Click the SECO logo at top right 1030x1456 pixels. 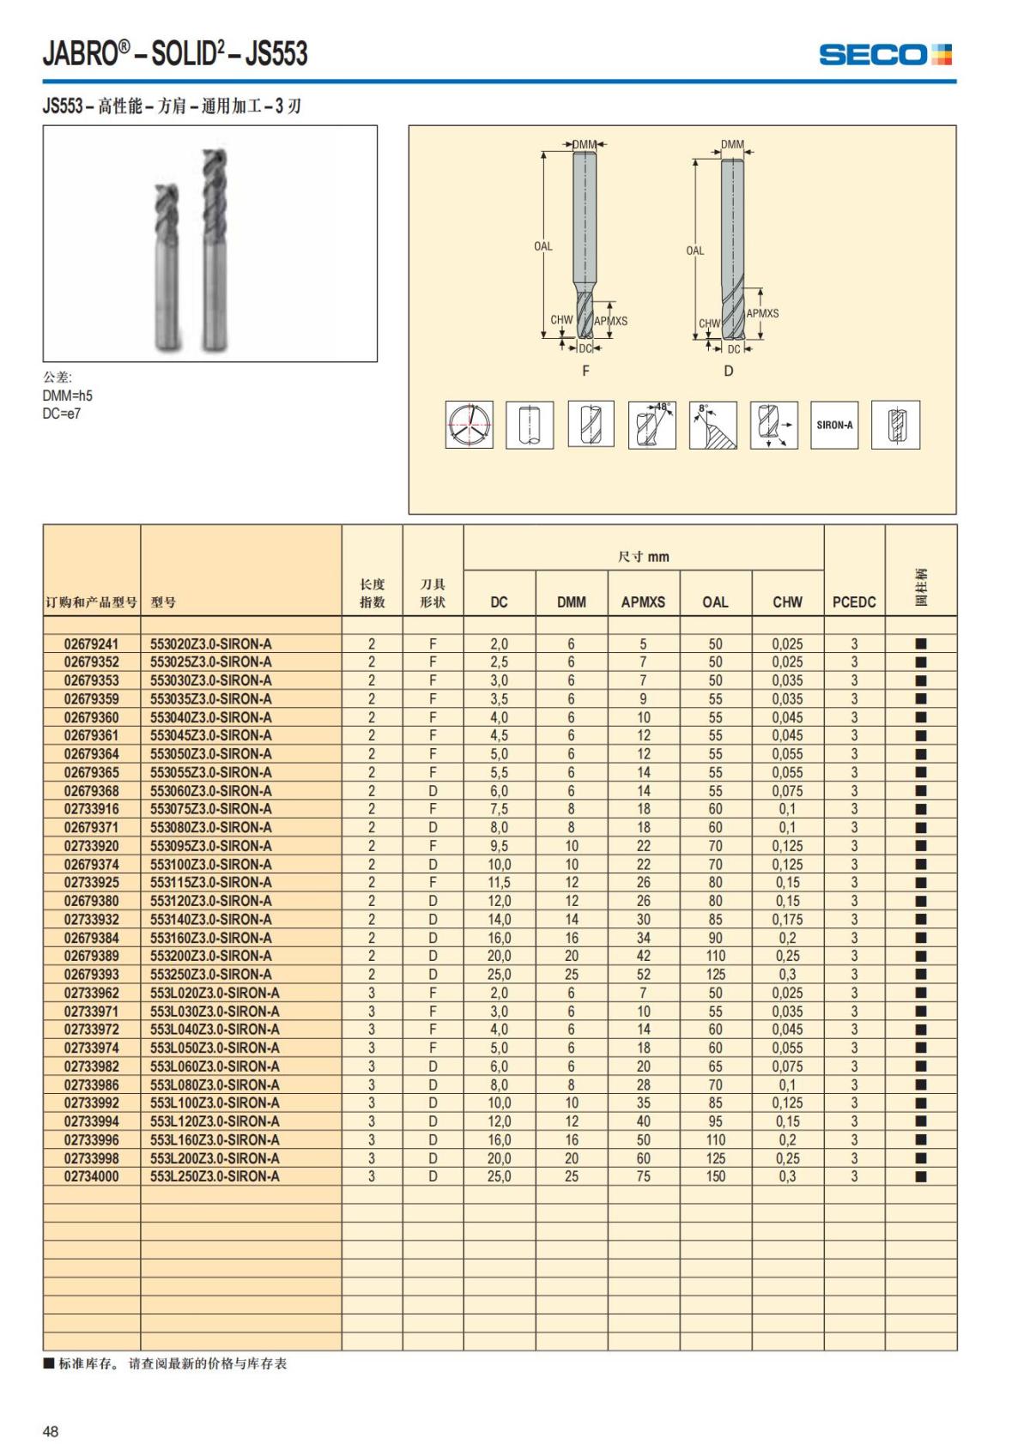pyautogui.click(x=885, y=55)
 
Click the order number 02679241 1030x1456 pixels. pyautogui.click(x=92, y=643)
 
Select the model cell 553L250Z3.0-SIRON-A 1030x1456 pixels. pyautogui.click(x=215, y=1176)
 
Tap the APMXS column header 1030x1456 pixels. pyautogui.click(x=643, y=602)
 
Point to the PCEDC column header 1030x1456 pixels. pyautogui.click(x=854, y=602)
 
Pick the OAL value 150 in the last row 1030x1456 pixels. pyautogui.click(x=715, y=1176)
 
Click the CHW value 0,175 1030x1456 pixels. pyautogui.click(x=787, y=920)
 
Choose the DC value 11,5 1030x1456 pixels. pyautogui.click(x=499, y=883)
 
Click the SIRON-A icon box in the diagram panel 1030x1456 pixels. pyautogui.click(x=834, y=425)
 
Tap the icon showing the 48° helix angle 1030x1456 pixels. pyautogui.click(x=652, y=425)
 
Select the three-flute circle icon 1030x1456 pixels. pyautogui.click(x=469, y=425)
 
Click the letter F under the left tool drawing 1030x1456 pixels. pyautogui.click(x=586, y=371)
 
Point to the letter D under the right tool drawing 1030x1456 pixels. pyautogui.click(x=729, y=371)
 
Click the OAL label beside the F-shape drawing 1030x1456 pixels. pyautogui.click(x=543, y=246)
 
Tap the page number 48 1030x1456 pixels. pyautogui.click(x=51, y=1431)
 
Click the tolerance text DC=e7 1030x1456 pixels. pyautogui.click(x=62, y=414)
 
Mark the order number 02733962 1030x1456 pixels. pyautogui.click(x=92, y=993)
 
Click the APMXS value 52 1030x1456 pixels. pyautogui.click(x=643, y=975)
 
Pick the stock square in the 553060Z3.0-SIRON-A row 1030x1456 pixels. pyautogui.click(x=921, y=791)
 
